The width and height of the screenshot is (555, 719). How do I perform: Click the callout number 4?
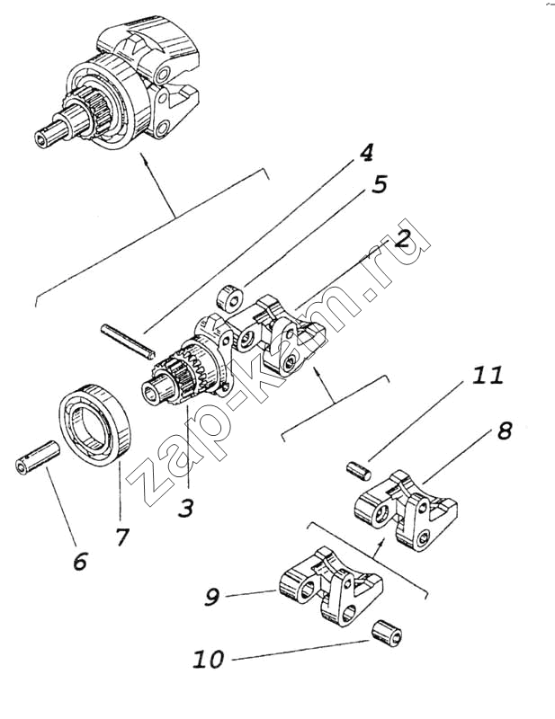tap(366, 152)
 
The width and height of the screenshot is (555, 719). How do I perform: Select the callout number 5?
tap(380, 184)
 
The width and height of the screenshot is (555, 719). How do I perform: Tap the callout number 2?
tap(401, 238)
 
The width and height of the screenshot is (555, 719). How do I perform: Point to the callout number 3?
tap(185, 508)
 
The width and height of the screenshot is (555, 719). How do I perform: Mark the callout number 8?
tap(505, 431)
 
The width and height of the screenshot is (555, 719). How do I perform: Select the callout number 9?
tap(212, 597)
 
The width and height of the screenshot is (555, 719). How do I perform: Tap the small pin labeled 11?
tap(360, 470)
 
